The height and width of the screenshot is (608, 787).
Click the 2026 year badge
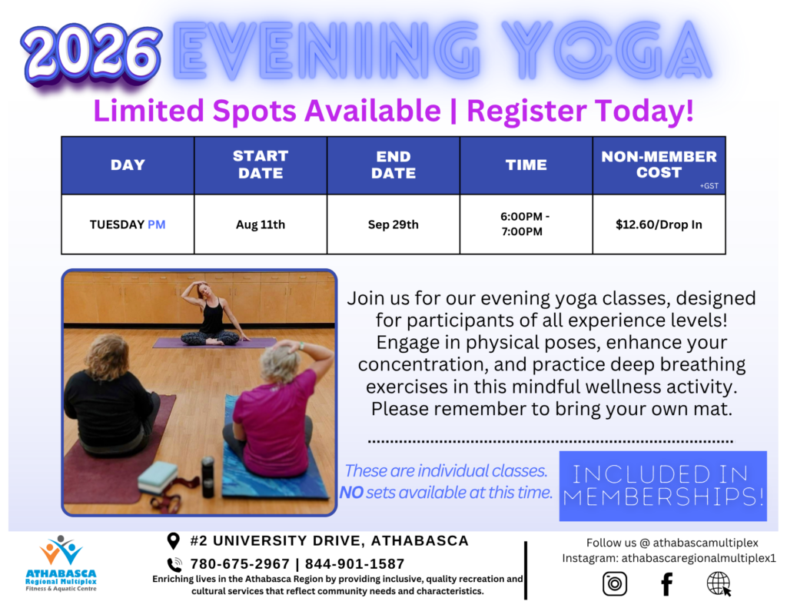click(x=91, y=55)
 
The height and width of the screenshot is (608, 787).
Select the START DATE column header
click(x=261, y=164)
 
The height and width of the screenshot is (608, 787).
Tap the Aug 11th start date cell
click(x=261, y=224)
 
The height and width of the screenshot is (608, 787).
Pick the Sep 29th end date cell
click(x=393, y=224)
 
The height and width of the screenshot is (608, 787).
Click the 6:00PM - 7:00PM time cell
click(x=526, y=224)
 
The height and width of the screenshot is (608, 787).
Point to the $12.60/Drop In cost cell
click(x=659, y=224)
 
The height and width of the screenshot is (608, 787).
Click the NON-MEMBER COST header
click(x=659, y=164)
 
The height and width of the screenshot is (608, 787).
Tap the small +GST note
click(x=709, y=186)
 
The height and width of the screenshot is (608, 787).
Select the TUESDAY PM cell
click(x=128, y=224)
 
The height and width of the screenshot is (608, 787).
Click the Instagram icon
click(x=615, y=583)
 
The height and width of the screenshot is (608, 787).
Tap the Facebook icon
click(x=666, y=584)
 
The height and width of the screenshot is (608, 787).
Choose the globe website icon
click(x=719, y=584)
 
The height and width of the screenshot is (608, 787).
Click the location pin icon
click(x=173, y=540)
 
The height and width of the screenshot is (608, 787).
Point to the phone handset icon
click(x=174, y=565)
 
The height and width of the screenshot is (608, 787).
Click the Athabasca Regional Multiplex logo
click(x=61, y=563)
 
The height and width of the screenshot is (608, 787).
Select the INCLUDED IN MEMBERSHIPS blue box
click(x=663, y=486)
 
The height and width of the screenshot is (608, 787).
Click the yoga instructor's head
click(x=204, y=291)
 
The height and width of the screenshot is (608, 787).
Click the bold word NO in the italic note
click(x=351, y=493)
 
